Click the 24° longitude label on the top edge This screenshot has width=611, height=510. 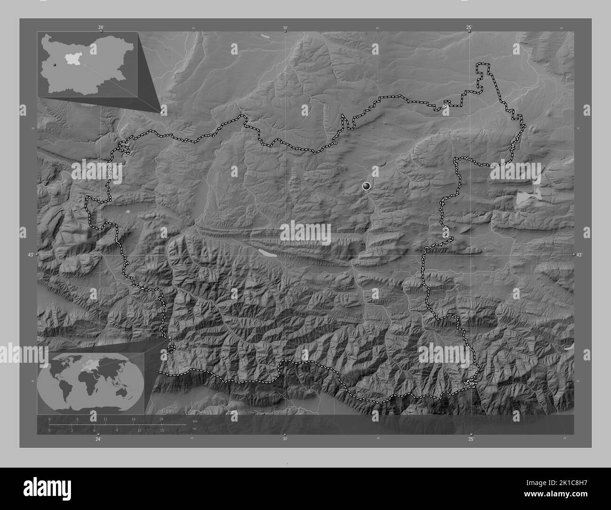click(x=101, y=27)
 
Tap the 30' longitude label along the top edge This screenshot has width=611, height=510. click(x=285, y=27)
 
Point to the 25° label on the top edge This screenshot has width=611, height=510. click(x=470, y=27)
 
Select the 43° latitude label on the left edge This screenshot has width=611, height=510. click(x=30, y=255)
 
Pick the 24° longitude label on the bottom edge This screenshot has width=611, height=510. click(x=98, y=439)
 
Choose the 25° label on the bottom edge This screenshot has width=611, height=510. click(x=471, y=439)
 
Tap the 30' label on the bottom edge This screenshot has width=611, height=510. click(x=285, y=439)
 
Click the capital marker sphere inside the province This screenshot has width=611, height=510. click(x=367, y=186)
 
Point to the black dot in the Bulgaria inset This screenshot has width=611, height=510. click(x=55, y=65)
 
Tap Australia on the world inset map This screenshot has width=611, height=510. click(x=133, y=386)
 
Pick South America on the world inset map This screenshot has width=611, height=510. click(x=66, y=384)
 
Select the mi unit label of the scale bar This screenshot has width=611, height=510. click(x=194, y=429)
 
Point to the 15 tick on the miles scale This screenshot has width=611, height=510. click(x=161, y=430)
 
